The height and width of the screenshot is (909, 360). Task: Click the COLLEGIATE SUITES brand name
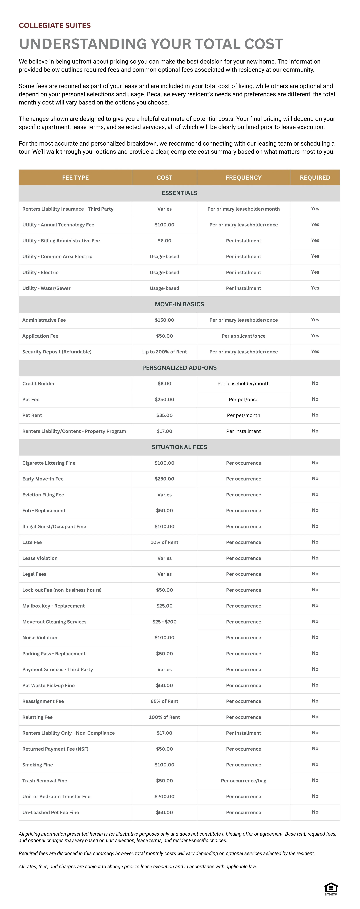pos(55,25)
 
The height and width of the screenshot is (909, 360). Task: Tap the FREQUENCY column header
pos(244,178)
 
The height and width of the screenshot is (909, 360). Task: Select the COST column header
pos(164,178)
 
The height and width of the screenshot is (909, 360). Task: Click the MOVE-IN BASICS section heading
pos(179,304)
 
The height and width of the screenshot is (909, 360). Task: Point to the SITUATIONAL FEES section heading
pos(179,447)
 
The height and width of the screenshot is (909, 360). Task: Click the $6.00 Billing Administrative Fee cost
pos(164,241)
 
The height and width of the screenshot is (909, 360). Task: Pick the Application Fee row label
pos(40,336)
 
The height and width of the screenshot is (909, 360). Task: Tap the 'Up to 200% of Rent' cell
pos(164,352)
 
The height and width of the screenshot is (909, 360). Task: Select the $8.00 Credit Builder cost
pos(164,384)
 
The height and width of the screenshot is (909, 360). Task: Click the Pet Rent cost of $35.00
pos(164,415)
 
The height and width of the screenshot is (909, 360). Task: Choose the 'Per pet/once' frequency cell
pos(244,400)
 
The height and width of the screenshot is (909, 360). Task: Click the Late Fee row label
pos(32,542)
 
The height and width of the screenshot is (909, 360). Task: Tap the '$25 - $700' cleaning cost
pos(164,622)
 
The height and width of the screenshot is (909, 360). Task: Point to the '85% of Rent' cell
pos(164,701)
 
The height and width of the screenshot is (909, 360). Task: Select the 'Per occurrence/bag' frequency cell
pos(244,781)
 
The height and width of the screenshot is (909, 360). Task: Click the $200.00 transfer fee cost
pos(164,796)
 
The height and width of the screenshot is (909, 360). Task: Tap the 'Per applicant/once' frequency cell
pos(244,336)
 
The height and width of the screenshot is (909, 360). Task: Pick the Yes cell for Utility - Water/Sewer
pos(315,288)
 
